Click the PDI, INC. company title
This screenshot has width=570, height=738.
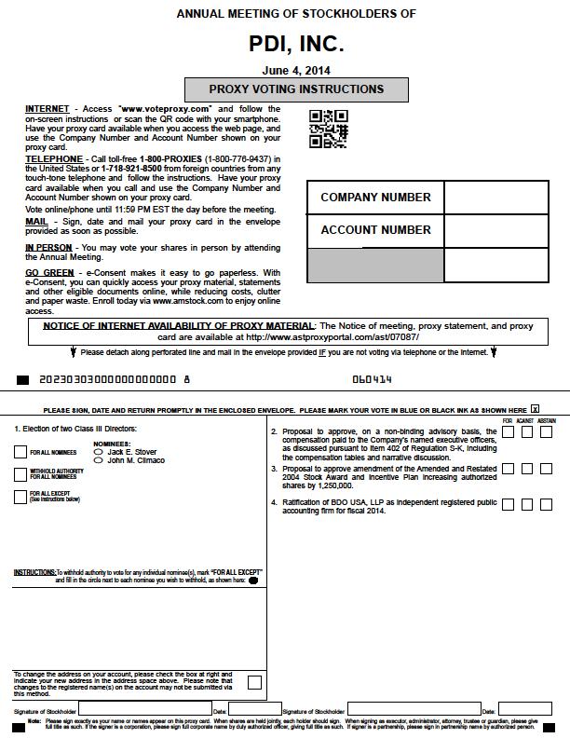tap(296, 44)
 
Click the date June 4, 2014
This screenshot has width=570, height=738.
tap(296, 70)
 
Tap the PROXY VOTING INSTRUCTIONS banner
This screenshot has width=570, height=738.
tap(296, 89)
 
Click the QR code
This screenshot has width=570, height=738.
tap(328, 129)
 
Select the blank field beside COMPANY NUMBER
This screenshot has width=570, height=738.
tap(495, 198)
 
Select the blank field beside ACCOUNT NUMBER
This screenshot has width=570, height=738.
tap(495, 230)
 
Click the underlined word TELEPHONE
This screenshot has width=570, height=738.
tap(54, 159)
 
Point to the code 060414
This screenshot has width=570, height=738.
tap(373, 380)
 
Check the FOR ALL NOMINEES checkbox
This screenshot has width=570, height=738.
tap(20, 452)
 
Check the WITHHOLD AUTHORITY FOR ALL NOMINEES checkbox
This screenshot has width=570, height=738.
tap(20, 474)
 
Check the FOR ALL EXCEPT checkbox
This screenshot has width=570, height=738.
tap(20, 497)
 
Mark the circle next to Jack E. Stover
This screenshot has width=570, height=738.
tap(99, 452)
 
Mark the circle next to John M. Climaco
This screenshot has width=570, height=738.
tap(99, 460)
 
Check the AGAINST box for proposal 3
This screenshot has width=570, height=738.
tap(527, 469)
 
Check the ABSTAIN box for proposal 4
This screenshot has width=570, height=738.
tap(546, 504)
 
